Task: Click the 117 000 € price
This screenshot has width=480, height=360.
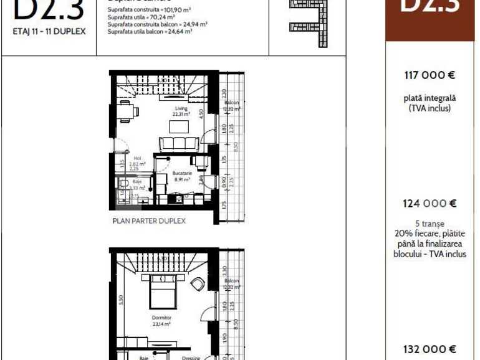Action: (x=430, y=75)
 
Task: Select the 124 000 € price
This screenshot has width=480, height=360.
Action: (x=430, y=203)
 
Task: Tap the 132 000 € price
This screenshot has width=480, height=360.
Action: (x=430, y=349)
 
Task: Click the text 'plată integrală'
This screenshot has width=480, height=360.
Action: (x=430, y=98)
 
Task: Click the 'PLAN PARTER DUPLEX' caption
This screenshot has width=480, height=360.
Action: (x=149, y=220)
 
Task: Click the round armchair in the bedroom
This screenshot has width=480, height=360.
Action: (x=198, y=283)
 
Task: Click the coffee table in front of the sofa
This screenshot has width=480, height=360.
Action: (x=180, y=126)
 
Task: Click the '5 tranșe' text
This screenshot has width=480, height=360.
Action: (x=430, y=223)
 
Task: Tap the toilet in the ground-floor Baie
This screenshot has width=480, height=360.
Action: (x=123, y=184)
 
